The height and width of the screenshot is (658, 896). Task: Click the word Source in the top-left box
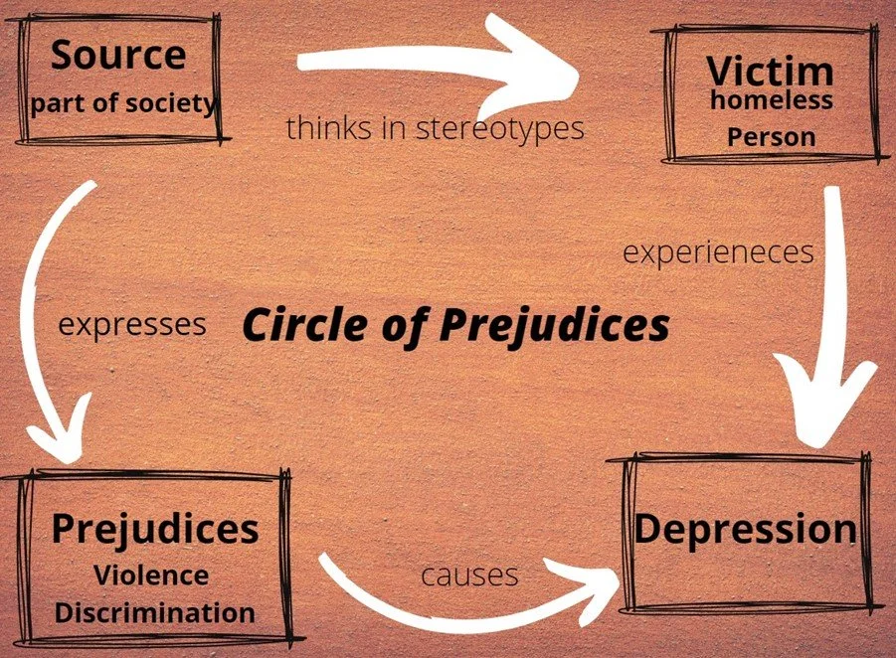click(x=117, y=55)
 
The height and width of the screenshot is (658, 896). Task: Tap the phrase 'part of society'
click(x=123, y=102)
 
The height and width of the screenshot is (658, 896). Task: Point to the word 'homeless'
click(x=771, y=99)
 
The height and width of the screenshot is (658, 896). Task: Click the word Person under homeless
click(x=771, y=137)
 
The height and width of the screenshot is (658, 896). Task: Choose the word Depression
click(x=745, y=528)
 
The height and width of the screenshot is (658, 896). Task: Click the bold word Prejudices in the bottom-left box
click(x=154, y=528)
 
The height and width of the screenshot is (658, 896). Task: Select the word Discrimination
click(x=153, y=612)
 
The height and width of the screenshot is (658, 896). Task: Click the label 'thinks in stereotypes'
click(x=435, y=128)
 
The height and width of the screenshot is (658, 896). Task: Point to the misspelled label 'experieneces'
click(x=717, y=251)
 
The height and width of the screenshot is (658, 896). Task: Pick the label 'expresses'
click(x=132, y=324)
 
